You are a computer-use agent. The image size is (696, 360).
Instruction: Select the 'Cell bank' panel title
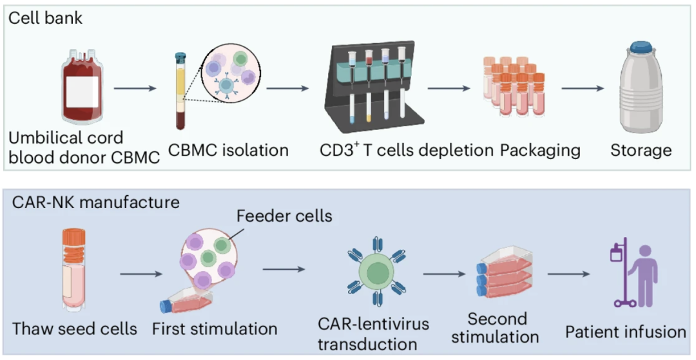pyautogui.click(x=45, y=17)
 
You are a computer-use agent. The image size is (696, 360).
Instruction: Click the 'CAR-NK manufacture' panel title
pyautogui.click(x=96, y=202)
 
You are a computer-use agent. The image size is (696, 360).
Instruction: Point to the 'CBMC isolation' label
pyautogui.click(x=228, y=151)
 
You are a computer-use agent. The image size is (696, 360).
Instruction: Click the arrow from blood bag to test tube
pyautogui.click(x=135, y=88)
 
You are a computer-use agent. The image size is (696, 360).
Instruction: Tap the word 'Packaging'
pyautogui.click(x=540, y=151)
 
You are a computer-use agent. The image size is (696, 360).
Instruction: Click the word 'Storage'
pyautogui.click(x=641, y=151)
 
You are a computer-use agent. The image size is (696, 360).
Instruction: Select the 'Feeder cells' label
pyautogui.click(x=284, y=216)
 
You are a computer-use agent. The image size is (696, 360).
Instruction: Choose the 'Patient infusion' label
pyautogui.click(x=626, y=332)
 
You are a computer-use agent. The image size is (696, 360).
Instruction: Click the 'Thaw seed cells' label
pyautogui.click(x=75, y=328)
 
